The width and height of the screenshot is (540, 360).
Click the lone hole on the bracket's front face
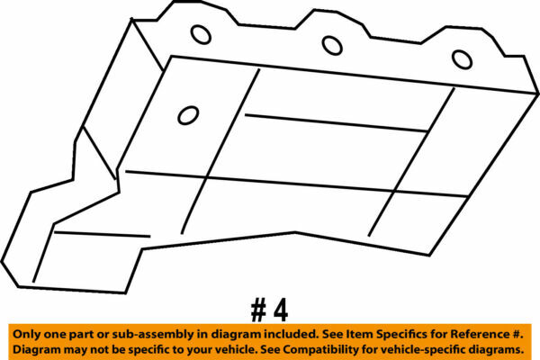point(188,115)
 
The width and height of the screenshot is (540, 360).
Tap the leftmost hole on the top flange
point(201,35)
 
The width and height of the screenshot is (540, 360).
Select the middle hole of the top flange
point(332,46)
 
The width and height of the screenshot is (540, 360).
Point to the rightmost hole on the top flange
point(462,59)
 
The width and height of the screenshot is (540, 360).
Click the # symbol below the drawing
point(258,310)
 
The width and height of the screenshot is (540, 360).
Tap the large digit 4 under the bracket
point(281,310)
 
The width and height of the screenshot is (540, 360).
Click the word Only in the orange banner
point(26,334)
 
